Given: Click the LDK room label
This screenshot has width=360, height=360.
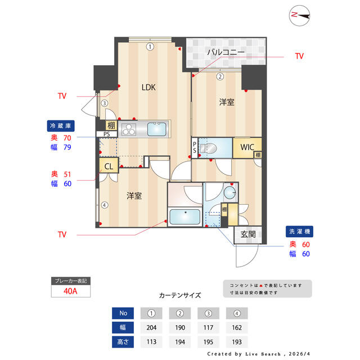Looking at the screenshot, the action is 148,87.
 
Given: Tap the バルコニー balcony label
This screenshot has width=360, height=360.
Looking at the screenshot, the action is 226,52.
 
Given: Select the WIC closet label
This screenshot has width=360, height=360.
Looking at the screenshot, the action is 247,147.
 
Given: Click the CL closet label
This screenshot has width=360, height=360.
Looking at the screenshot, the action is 109,166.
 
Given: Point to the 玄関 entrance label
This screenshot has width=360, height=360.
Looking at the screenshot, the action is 248,235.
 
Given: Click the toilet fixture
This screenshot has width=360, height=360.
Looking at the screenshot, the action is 208,148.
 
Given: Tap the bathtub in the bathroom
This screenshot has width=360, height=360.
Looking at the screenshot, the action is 185,217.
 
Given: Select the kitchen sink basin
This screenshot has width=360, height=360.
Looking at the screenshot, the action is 156,129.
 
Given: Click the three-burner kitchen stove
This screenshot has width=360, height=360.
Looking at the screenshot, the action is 129,129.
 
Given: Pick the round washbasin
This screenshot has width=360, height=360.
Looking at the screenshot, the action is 229,192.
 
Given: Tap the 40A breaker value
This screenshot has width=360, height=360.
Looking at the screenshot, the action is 70,291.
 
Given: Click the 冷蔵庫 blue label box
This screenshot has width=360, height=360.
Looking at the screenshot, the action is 61,126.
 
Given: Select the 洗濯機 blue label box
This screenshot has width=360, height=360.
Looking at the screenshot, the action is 299,231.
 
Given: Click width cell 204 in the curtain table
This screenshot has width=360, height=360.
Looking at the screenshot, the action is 151,327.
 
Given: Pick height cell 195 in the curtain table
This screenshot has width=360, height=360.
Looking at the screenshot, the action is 208,342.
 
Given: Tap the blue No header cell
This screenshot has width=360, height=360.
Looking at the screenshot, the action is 123,313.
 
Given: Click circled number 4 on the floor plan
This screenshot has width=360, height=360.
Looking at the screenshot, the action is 105,205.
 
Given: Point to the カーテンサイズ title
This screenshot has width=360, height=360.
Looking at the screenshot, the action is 180,295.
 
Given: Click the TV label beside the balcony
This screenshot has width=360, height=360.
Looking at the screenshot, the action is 299,56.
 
